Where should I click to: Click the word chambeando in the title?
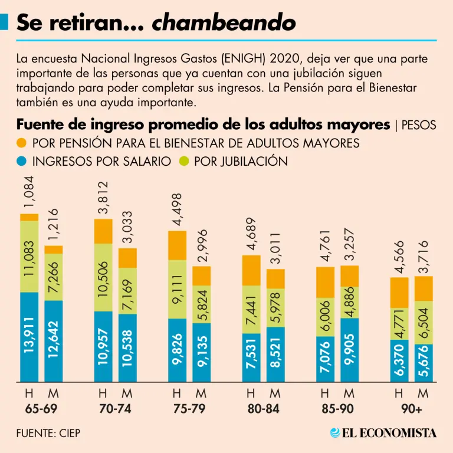(224, 23)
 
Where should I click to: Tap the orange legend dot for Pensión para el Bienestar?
(22, 143)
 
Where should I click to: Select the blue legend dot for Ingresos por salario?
(22, 161)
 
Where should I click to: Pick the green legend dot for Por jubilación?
(183, 161)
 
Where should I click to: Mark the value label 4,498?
(177, 210)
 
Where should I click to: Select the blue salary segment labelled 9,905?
(350, 350)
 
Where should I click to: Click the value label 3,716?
(424, 256)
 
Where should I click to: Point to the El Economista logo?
(383, 433)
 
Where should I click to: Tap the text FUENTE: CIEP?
(48, 434)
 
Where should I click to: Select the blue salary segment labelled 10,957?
(103, 347)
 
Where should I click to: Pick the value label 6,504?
(424, 323)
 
